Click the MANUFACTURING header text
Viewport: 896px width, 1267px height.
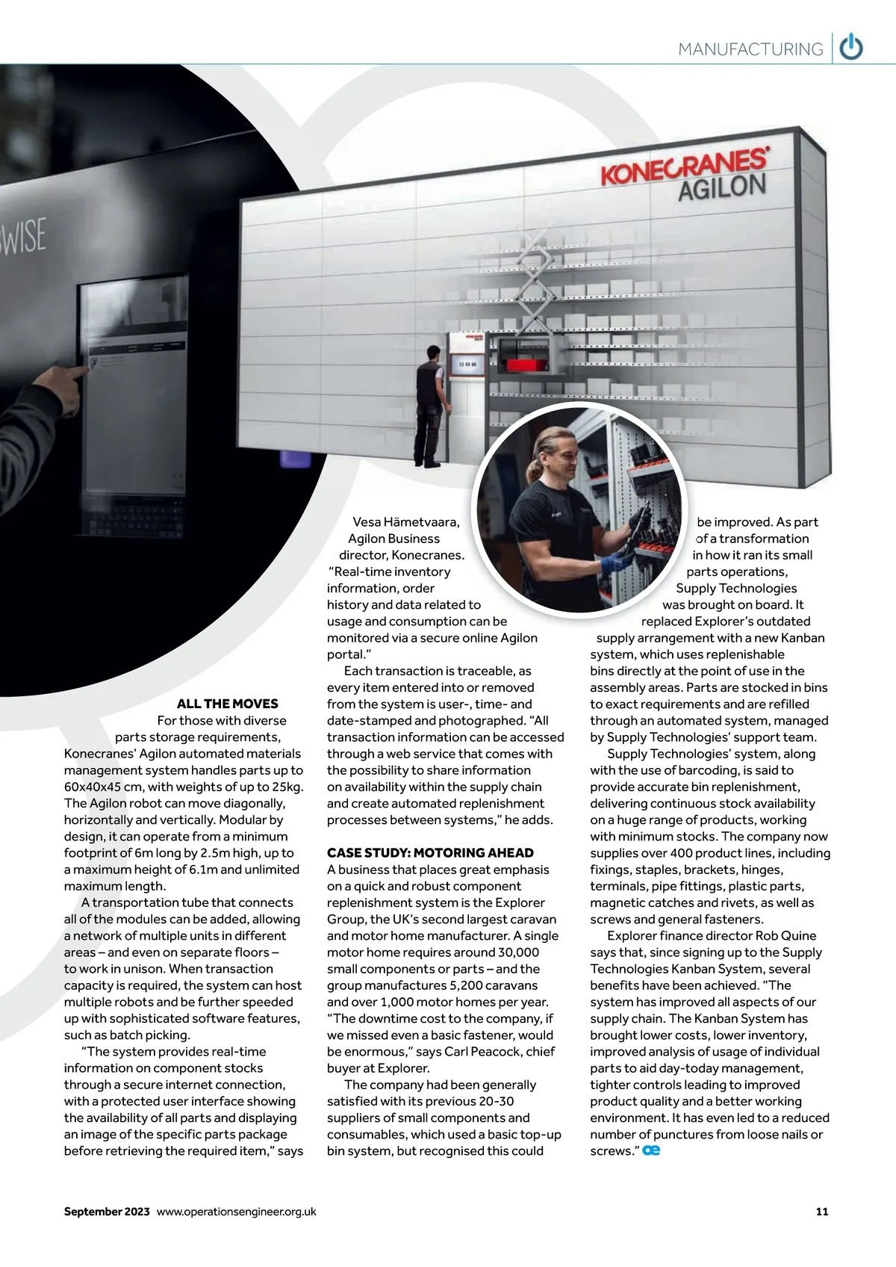point(750,49)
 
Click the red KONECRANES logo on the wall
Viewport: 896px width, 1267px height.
point(684,166)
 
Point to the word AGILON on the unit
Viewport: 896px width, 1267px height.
point(721,188)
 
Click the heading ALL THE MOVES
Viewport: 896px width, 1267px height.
point(227,704)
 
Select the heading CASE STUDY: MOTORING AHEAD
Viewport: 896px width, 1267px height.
point(430,853)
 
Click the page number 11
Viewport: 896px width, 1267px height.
point(821,1211)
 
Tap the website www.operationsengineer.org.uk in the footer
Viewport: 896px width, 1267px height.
point(237,1211)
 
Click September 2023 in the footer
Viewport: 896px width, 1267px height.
point(107,1211)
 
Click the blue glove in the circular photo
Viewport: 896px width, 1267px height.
point(614,558)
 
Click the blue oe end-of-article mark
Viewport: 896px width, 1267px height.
point(651,1150)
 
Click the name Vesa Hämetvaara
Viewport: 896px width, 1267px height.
point(406,522)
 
